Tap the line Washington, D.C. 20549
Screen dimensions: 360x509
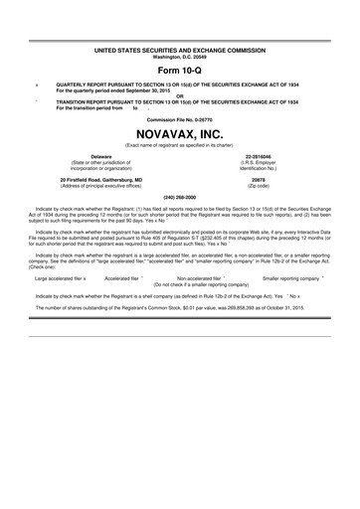(180, 55)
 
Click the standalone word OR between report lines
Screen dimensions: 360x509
(180, 96)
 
